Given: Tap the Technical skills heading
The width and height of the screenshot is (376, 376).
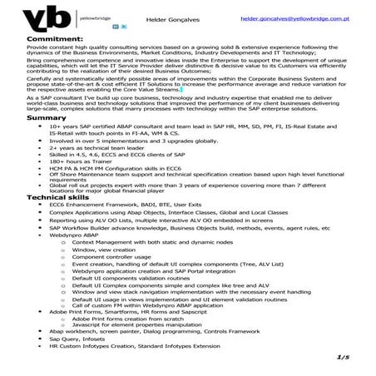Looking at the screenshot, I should pyautogui.click(x=59, y=195).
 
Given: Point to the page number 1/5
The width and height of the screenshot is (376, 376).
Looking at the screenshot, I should pyautogui.click(x=341, y=357).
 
